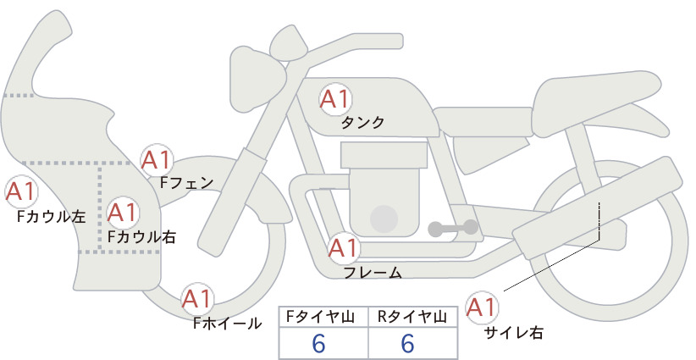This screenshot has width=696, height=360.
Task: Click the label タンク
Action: pyautogui.click(x=362, y=123)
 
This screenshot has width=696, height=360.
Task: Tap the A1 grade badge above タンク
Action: pyautogui.click(x=335, y=99)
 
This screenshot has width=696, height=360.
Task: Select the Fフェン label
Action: pyautogui.click(x=186, y=182)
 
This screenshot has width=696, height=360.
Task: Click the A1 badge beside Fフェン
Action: pyautogui.click(x=157, y=160)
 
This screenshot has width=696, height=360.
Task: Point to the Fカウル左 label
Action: pyautogui.click(x=51, y=217)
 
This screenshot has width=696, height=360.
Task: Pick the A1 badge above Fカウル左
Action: pyautogui.click(x=21, y=192)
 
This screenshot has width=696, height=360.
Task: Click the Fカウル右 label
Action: pyautogui.click(x=142, y=237)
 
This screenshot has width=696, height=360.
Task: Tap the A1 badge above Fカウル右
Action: pyautogui.click(x=123, y=213)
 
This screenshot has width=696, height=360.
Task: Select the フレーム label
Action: pyautogui.click(x=373, y=273)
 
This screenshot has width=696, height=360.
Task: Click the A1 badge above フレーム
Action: pyautogui.click(x=344, y=248)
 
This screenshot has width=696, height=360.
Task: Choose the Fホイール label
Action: pyautogui.click(x=227, y=324)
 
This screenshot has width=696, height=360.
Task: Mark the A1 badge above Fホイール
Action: pyautogui.click(x=197, y=299)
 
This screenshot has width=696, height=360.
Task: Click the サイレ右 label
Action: pyautogui.click(x=514, y=333)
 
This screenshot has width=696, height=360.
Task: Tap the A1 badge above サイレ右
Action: pyautogui.click(x=482, y=307)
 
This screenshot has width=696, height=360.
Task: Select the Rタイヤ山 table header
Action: pyautogui.click(x=412, y=317)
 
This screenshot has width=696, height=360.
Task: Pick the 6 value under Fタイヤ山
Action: pyautogui.click(x=318, y=343)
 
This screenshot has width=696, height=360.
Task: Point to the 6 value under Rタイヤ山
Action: pyautogui.click(x=407, y=343)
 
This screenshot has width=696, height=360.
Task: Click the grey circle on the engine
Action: pyautogui.click(x=384, y=219)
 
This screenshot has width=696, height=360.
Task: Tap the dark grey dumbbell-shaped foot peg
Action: pyautogui.click(x=453, y=228)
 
